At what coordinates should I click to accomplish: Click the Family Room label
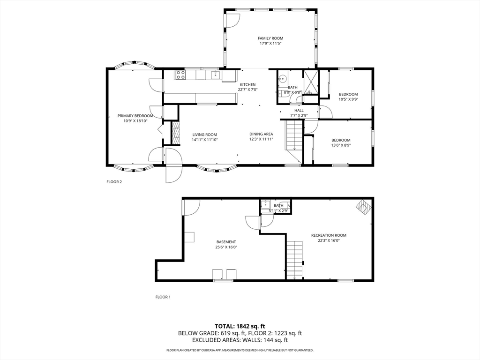270,38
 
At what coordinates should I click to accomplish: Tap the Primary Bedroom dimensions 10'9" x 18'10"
135,121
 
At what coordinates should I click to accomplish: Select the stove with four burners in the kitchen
180,75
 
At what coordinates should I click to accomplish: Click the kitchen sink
216,75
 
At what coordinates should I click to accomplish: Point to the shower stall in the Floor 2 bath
311,82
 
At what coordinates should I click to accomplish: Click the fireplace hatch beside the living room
175,133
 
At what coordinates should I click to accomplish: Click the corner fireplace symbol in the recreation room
363,208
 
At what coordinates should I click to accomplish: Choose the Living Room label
204,135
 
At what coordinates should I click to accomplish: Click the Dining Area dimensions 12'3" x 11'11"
261,139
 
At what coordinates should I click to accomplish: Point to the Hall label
299,111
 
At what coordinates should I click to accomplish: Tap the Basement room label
226,242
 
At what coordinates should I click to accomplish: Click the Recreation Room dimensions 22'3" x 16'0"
329,240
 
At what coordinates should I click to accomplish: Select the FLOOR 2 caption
114,182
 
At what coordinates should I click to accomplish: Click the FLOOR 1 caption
163,297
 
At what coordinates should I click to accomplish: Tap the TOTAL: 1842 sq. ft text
240,326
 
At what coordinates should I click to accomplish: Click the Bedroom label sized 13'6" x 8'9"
341,140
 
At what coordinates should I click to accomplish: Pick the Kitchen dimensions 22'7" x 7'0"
247,90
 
